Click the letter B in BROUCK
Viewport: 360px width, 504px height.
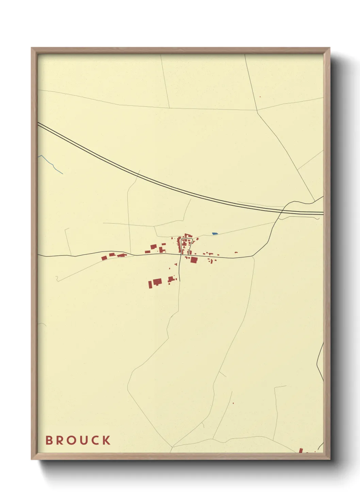pyautogui.click(x=49, y=440)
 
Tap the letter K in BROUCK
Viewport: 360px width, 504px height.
pyautogui.click(x=107, y=440)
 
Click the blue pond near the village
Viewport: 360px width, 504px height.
pyautogui.click(x=214, y=234)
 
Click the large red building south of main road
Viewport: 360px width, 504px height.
pyautogui.click(x=194, y=260)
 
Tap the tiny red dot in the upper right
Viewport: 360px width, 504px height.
pyautogui.click(x=260, y=97)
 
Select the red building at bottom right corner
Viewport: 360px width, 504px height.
pyautogui.click(x=301, y=451)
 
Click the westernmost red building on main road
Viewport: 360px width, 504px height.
pyautogui.click(x=104, y=258)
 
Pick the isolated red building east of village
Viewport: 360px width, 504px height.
pyautogui.click(x=236, y=252)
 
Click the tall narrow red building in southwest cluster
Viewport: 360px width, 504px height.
pyautogui.click(x=149, y=284)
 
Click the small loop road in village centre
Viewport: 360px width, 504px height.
pyautogui.click(x=186, y=243)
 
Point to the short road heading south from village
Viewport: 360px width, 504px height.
pyautogui.click(x=180, y=269)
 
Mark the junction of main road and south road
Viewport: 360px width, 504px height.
pyautogui.click(x=180, y=254)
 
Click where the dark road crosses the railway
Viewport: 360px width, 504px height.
pyautogui.click(x=280, y=212)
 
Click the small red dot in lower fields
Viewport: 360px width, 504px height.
pyautogui.click(x=233, y=403)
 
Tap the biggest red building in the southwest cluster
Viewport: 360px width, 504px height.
pyautogui.click(x=157, y=282)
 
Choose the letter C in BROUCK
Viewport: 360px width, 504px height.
pyautogui.click(x=95, y=440)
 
